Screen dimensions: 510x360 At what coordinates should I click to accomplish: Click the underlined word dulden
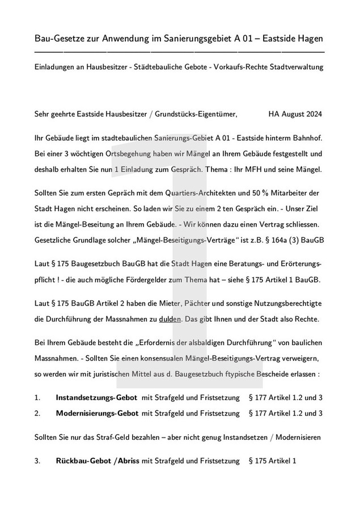(x=170, y=319)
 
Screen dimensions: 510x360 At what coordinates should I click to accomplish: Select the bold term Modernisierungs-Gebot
(x=97, y=413)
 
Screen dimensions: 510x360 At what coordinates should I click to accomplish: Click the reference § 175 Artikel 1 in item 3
(x=273, y=461)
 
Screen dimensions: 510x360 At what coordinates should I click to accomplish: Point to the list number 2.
(x=37, y=413)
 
